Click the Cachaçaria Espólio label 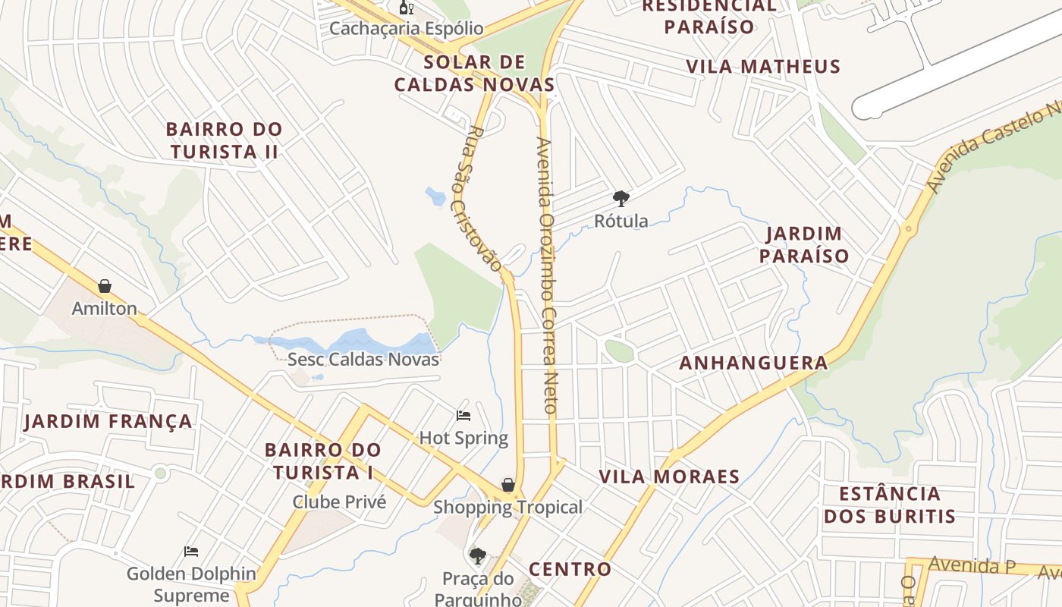[x=406, y=29]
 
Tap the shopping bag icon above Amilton [x=105, y=286]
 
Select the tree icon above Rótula [x=621, y=199]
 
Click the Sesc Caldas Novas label [x=363, y=359]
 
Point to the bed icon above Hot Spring [x=463, y=415]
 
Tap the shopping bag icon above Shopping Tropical [x=508, y=485]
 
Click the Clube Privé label [x=339, y=502]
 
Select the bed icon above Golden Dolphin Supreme [x=191, y=551]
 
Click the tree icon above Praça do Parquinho [x=477, y=556]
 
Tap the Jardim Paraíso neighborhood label [x=804, y=244]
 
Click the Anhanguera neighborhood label [x=753, y=363]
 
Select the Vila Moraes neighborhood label [x=669, y=476]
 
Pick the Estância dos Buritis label [x=889, y=505]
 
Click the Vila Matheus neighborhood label [x=763, y=67]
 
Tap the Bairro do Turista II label [x=224, y=140]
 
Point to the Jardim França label [x=108, y=421]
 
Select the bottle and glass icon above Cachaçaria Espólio [x=407, y=8]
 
